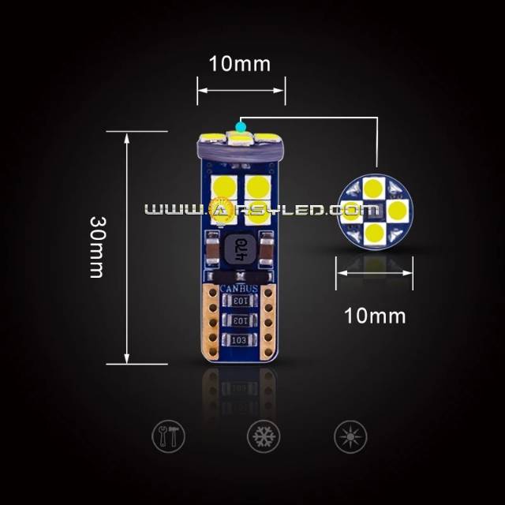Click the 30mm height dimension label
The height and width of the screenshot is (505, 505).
click(x=96, y=247)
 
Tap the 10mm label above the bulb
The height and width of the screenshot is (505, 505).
click(x=239, y=64)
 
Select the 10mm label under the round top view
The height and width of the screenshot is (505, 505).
click(x=375, y=316)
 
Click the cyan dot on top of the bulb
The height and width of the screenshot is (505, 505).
click(x=240, y=125)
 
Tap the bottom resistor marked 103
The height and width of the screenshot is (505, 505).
click(x=239, y=340)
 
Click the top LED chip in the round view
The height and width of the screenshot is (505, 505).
click(x=375, y=189)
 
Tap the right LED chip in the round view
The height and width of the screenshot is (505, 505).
click(x=396, y=210)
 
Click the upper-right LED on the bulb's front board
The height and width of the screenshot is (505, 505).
click(x=257, y=187)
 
